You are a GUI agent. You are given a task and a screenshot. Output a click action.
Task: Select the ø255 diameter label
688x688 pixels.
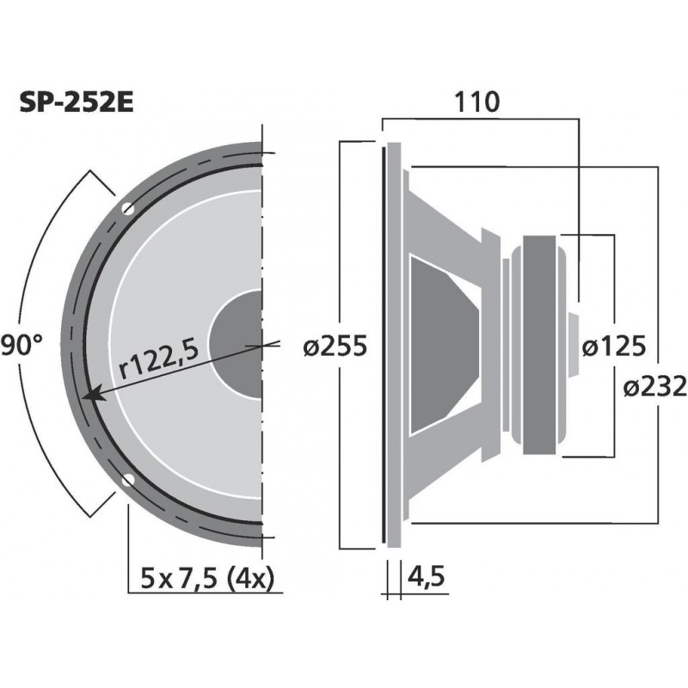pyautogui.click(x=336, y=346)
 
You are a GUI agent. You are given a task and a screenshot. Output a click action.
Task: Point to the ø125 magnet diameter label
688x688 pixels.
pyautogui.click(x=612, y=346)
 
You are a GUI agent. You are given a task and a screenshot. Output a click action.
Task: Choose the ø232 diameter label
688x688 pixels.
pyautogui.click(x=653, y=387)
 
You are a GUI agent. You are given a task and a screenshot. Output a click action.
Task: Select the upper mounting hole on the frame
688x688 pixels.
pyautogui.click(x=128, y=208)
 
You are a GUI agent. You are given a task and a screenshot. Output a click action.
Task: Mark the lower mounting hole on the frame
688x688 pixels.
pyautogui.click(x=128, y=480)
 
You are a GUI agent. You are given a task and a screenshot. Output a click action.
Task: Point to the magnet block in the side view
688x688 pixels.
pyautogui.click(x=542, y=344)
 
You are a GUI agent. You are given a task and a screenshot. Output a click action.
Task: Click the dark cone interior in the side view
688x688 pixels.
pyautogui.click(x=439, y=344)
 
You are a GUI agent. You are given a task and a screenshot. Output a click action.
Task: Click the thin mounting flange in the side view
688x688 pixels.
pyautogui.click(x=393, y=344)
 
